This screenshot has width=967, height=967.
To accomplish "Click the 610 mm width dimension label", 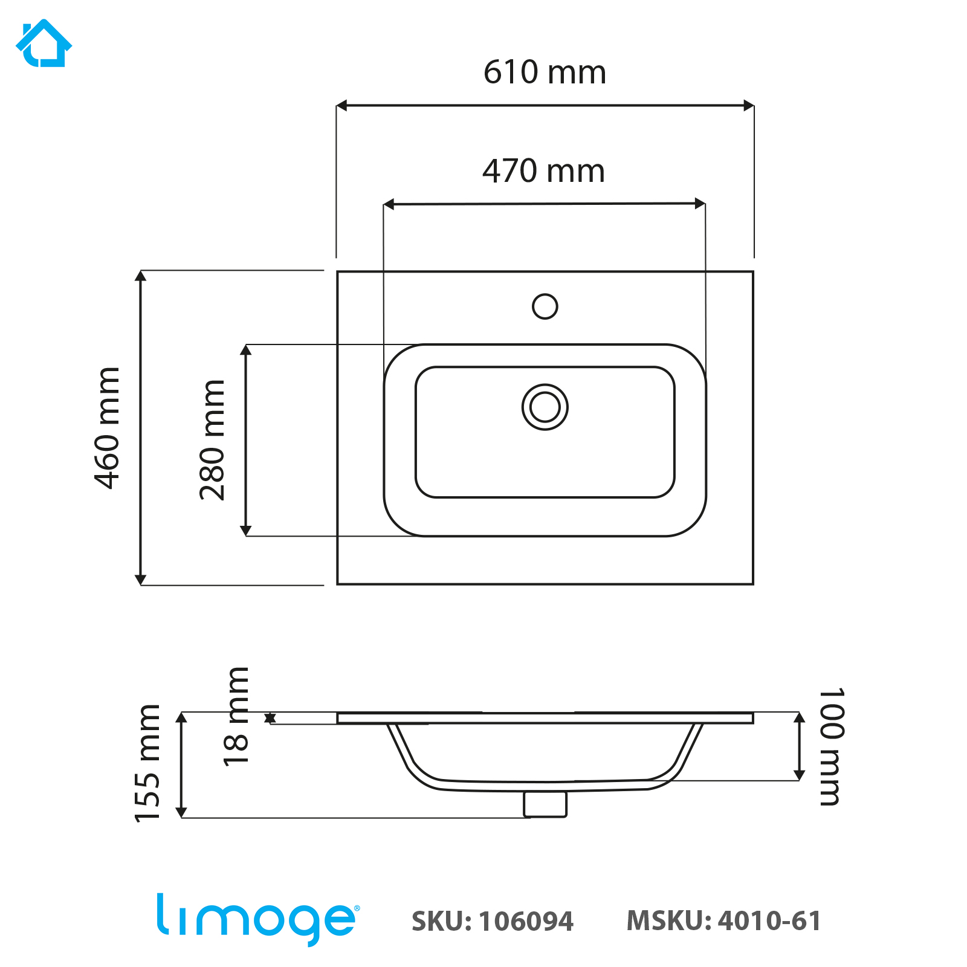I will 545,73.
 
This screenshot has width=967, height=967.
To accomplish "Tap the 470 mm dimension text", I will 543,171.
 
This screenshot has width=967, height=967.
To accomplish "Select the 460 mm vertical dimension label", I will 108,427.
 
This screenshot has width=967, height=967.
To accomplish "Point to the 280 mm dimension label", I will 212,439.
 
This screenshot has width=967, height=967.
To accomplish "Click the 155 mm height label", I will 147,763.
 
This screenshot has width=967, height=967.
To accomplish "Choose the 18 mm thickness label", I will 236,717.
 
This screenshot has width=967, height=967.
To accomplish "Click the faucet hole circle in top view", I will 545,306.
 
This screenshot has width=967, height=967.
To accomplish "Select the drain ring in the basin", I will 545,407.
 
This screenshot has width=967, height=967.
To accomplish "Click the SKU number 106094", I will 526,922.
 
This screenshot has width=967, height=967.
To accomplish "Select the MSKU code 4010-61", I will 769,921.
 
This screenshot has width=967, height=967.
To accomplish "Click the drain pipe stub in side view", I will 545,804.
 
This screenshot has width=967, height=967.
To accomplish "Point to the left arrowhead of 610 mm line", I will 341,106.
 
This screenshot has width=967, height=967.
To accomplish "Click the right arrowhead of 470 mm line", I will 700,204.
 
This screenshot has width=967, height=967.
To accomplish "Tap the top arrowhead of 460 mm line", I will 140,276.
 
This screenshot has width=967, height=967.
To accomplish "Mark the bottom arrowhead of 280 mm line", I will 245,530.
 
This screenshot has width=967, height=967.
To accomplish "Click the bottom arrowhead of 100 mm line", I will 799,775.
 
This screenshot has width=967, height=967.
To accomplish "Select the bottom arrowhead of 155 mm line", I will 181,812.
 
